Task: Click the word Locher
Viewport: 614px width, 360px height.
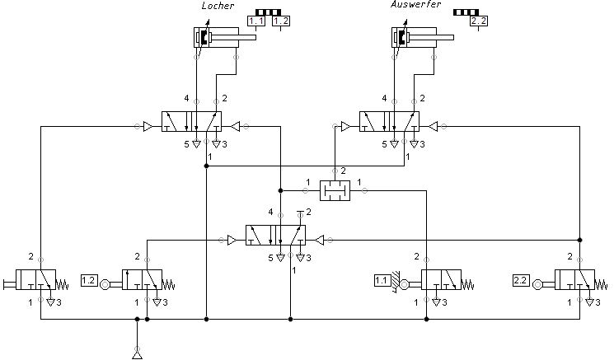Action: (x=218, y=6)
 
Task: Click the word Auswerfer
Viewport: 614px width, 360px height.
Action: (x=416, y=4)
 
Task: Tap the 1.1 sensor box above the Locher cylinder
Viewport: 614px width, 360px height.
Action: (x=256, y=21)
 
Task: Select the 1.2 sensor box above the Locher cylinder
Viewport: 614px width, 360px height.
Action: (x=281, y=21)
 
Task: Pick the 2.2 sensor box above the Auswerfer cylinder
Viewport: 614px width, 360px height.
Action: (x=479, y=21)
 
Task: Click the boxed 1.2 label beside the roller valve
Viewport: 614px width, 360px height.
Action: (x=89, y=281)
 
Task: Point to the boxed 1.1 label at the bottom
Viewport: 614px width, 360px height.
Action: (x=382, y=281)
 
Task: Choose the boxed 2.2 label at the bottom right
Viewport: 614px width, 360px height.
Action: (x=520, y=281)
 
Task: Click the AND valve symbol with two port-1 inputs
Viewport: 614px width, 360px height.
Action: (x=335, y=190)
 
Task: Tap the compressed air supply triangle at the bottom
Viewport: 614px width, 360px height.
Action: (x=137, y=355)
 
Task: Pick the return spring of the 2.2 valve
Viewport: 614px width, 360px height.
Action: (x=601, y=284)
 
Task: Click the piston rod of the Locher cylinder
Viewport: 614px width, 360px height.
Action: (x=234, y=38)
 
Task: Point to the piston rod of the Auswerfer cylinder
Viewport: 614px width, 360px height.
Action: (x=432, y=38)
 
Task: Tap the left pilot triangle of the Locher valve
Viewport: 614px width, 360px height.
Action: (x=148, y=126)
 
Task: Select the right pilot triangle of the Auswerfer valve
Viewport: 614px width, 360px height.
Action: (x=433, y=126)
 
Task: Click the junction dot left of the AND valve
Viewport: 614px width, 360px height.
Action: (x=280, y=190)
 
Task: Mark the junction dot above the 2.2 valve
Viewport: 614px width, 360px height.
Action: (x=580, y=240)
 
